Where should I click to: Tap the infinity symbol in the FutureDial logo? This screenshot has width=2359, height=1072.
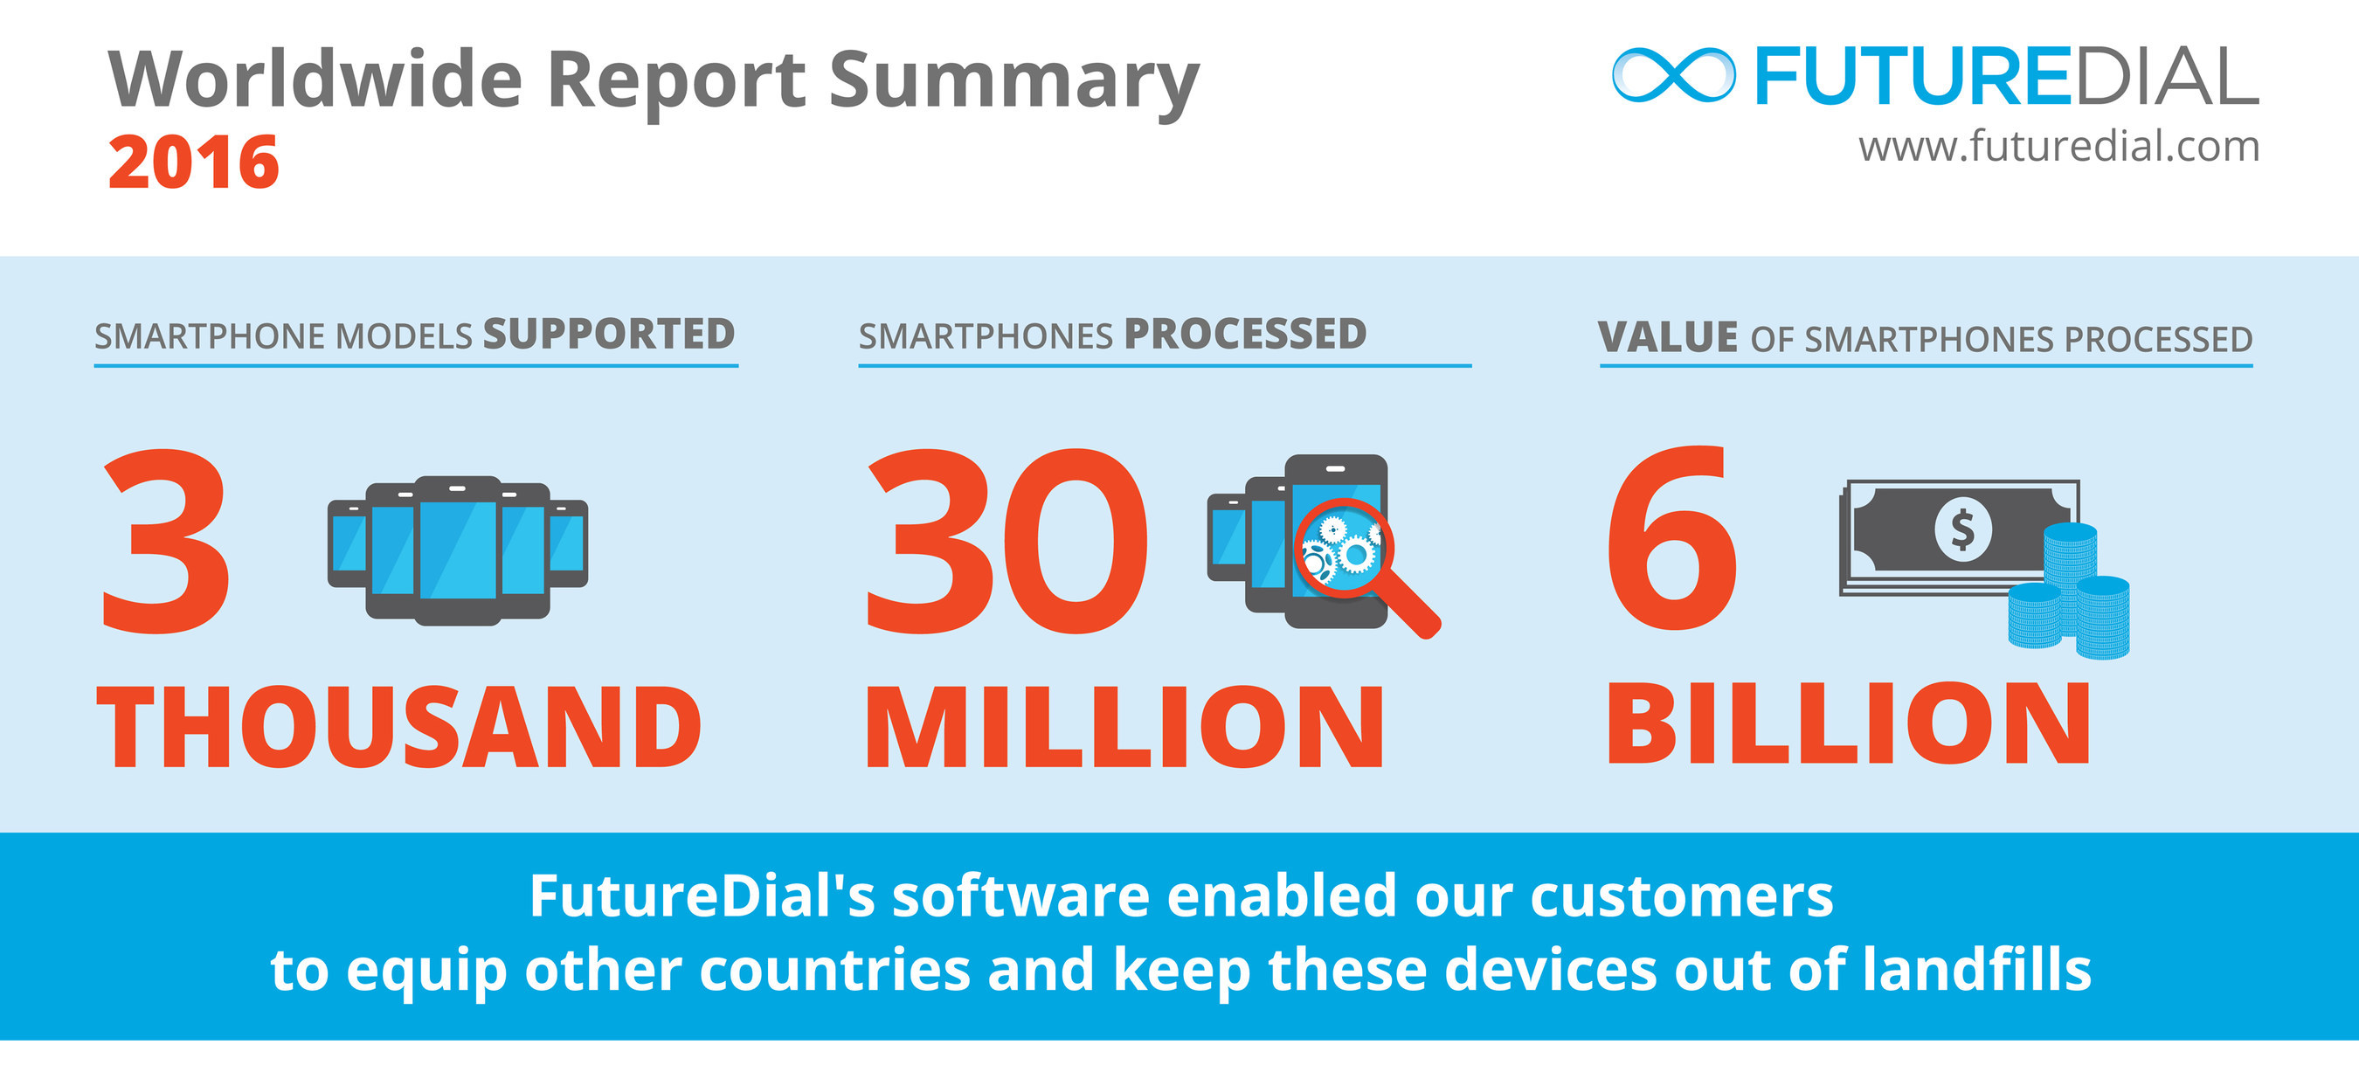[1672, 75]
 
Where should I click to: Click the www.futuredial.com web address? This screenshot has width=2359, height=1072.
[2058, 147]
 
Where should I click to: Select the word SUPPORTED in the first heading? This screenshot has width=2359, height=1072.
[609, 334]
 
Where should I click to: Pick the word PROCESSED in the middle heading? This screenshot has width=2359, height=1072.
[1245, 334]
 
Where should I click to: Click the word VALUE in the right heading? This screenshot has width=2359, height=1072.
[1667, 337]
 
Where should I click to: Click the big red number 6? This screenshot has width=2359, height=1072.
[1672, 540]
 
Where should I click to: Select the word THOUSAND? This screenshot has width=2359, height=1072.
[399, 728]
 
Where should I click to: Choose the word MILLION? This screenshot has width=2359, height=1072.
[1124, 728]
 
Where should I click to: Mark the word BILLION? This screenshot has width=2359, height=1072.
[1848, 725]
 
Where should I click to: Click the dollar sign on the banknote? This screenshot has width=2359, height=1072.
[1961, 529]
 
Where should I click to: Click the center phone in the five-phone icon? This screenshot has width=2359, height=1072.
[458, 550]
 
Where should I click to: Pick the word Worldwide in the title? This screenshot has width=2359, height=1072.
[315, 80]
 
